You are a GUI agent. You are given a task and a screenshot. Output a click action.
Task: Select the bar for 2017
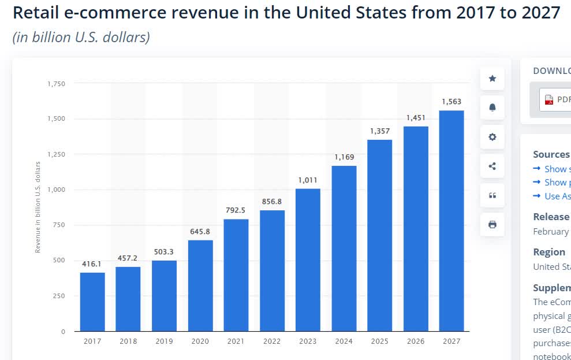pyautogui.click(x=92, y=302)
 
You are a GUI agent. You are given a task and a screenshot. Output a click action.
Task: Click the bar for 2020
pyautogui.click(x=200, y=285)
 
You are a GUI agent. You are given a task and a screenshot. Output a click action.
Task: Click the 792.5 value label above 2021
pyautogui.click(x=236, y=210)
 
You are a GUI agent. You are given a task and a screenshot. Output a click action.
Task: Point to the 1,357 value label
pyautogui.click(x=379, y=131)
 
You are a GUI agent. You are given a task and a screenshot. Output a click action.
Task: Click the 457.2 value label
pyautogui.click(x=128, y=258)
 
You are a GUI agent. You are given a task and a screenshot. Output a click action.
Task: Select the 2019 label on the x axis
pyautogui.click(x=164, y=342)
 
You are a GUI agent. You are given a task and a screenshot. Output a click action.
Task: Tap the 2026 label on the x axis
pyautogui.click(x=416, y=342)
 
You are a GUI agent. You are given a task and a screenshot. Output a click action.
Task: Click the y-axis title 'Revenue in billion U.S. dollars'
pyautogui.click(x=38, y=207)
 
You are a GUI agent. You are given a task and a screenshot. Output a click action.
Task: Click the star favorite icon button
pyautogui.click(x=492, y=79)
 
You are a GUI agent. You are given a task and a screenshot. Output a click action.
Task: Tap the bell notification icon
pyautogui.click(x=492, y=108)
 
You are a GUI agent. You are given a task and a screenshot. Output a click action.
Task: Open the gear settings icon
pyautogui.click(x=492, y=137)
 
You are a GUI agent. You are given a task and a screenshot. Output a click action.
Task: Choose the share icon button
pyautogui.click(x=492, y=166)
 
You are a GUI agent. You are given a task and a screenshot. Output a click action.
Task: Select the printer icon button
pyautogui.click(x=492, y=225)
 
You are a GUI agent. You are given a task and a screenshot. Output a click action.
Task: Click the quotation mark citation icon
pyautogui.click(x=492, y=195)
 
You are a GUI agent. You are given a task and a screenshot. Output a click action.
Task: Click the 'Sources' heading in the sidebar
pyautogui.click(x=551, y=154)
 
